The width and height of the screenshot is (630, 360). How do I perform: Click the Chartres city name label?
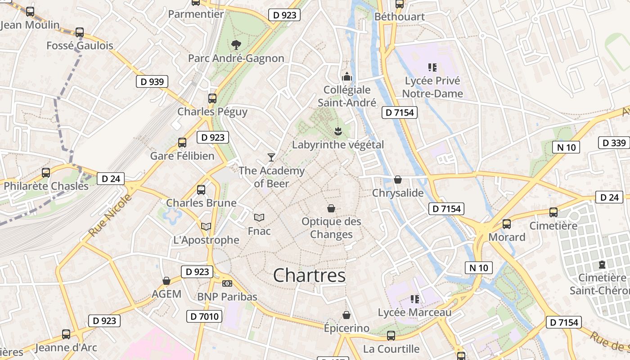pyautogui.click(x=310, y=275)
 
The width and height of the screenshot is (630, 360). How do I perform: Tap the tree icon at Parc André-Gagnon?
pyautogui.click(x=236, y=45)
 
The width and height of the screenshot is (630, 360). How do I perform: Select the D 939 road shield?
pyautogui.click(x=152, y=81)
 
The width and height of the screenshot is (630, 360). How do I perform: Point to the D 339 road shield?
pyautogui.click(x=614, y=143)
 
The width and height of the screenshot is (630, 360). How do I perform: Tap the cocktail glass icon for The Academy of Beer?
pyautogui.click(x=271, y=157)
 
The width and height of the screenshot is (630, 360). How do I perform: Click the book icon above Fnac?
pyautogui.click(x=259, y=217)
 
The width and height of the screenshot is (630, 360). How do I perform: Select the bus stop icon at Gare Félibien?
pyautogui.click(x=182, y=143)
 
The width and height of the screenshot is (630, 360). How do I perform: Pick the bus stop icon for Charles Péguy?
pyautogui.click(x=212, y=98)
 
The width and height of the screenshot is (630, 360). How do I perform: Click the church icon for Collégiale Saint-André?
pyautogui.click(x=347, y=76)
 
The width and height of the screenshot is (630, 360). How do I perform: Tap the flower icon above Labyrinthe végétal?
pyautogui.click(x=338, y=131)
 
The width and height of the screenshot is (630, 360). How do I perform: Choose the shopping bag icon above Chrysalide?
pyautogui.click(x=398, y=180)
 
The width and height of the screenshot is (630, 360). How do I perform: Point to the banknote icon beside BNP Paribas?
pyautogui.click(x=227, y=283)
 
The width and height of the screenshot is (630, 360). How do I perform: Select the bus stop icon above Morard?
pyautogui.click(x=507, y=224)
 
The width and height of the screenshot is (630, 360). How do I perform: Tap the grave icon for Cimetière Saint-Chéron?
pyautogui.click(x=602, y=264)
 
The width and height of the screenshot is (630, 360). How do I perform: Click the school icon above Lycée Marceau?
pyautogui.click(x=414, y=299)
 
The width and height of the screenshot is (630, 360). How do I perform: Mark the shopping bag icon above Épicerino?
pyautogui.click(x=346, y=315)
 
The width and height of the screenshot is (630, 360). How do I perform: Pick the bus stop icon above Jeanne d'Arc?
pyautogui.click(x=66, y=334)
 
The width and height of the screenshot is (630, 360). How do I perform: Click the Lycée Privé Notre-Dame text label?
pyautogui.click(x=432, y=87)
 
